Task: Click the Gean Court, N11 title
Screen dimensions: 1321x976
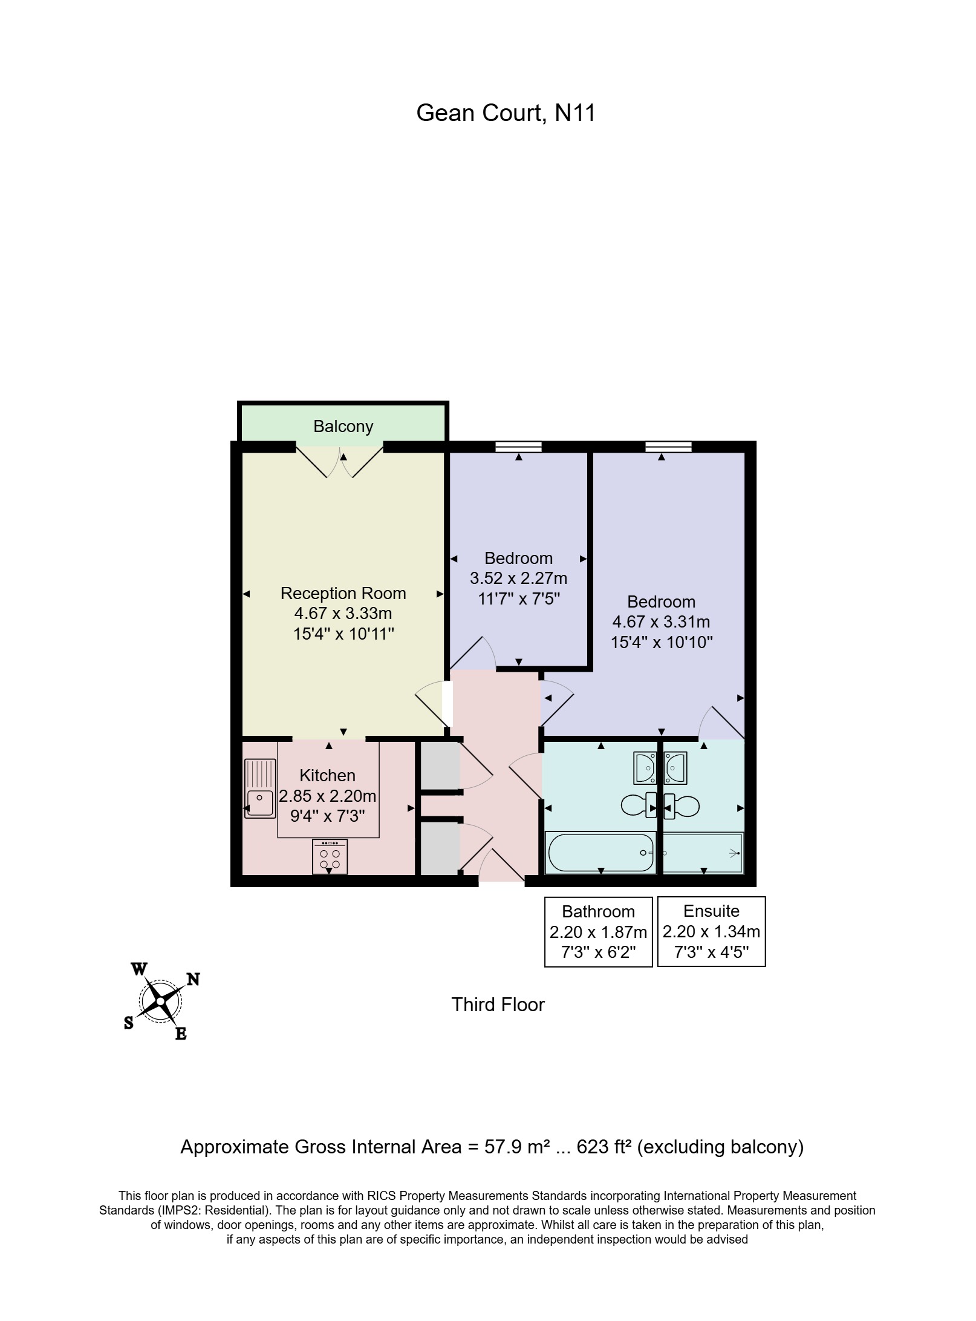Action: tap(506, 113)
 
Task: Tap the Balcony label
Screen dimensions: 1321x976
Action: tap(343, 427)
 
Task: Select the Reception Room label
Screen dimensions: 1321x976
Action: tap(343, 593)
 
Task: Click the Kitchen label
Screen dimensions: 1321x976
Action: tap(327, 775)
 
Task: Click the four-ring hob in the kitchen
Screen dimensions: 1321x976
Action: tap(330, 856)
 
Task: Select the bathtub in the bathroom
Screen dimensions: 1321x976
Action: tap(600, 853)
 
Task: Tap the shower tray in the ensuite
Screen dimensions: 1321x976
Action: tap(703, 853)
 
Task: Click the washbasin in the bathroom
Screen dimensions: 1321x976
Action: tap(645, 768)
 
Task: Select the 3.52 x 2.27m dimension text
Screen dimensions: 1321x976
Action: tap(518, 579)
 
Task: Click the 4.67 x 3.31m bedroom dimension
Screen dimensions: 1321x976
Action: tap(661, 621)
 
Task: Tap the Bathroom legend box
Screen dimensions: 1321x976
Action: tap(598, 932)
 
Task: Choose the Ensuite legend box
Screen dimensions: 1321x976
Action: tap(711, 931)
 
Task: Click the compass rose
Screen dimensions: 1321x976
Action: tap(160, 1001)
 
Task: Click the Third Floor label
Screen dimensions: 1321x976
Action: tap(498, 1005)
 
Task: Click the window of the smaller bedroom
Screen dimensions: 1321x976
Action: tap(518, 447)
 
